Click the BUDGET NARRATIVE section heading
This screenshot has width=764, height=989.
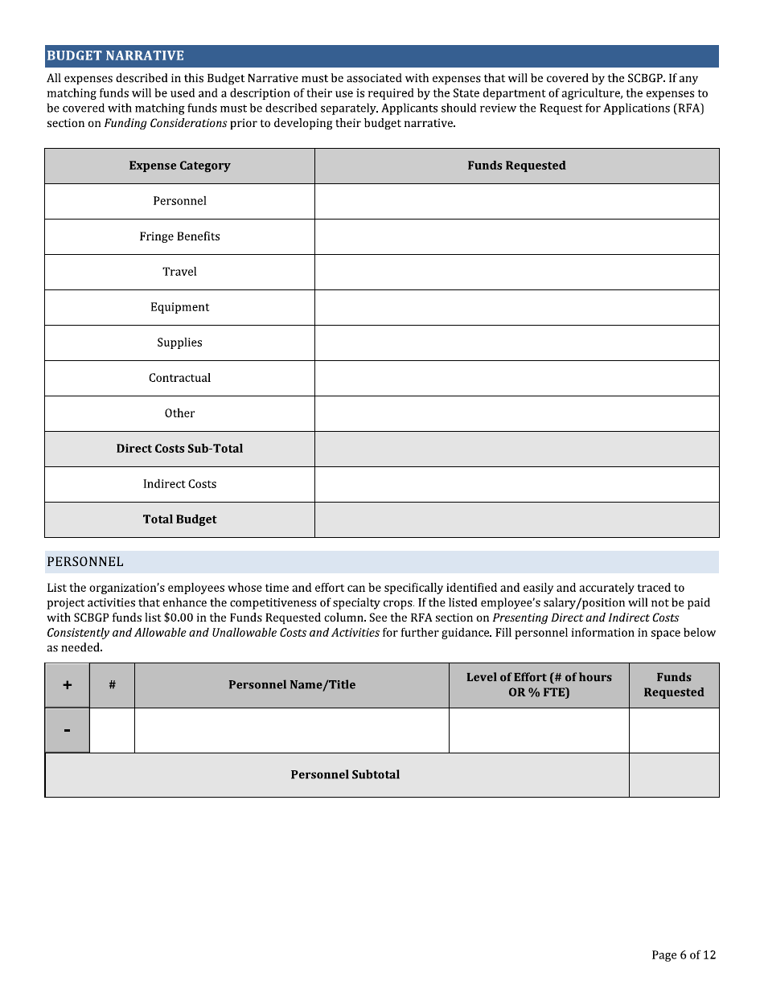pos(115,55)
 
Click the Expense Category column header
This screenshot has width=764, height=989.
pos(179,166)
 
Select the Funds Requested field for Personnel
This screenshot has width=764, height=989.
pos(516,201)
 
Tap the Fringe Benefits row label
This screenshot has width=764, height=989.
pos(179,236)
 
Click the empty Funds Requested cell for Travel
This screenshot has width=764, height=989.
pos(516,272)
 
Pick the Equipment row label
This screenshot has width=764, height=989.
pos(179,307)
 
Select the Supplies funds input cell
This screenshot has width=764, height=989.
pos(516,343)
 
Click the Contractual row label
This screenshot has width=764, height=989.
pos(179,378)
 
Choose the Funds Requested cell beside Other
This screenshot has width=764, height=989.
pos(516,413)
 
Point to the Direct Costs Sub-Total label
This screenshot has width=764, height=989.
pos(179,449)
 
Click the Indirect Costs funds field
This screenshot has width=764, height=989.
pos(516,484)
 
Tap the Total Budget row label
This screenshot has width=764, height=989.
pos(179,519)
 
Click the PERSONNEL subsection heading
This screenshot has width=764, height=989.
pos(85,561)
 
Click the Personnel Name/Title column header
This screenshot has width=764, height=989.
pos(292,685)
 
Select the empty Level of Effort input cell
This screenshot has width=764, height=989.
pos(539,730)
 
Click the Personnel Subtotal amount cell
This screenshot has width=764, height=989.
pos(674,775)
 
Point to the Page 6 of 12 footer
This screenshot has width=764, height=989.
pos(683,955)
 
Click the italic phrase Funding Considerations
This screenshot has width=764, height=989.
pos(165,123)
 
